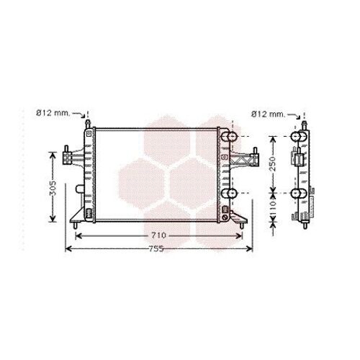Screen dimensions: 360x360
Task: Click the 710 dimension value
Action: [x=158, y=235]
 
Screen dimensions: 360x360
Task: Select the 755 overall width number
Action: [x=156, y=249]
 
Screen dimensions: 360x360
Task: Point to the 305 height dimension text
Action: [x=53, y=188]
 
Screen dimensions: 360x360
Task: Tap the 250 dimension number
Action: [x=272, y=164]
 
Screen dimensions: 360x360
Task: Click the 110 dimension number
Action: [x=272, y=207]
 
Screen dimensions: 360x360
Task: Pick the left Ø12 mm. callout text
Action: [x=53, y=112]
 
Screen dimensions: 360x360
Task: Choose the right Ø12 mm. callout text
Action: [x=268, y=114]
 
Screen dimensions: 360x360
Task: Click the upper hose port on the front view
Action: [x=229, y=137]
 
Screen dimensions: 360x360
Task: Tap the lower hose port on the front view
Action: [x=229, y=193]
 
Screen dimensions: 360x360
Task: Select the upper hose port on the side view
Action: [x=299, y=136]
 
